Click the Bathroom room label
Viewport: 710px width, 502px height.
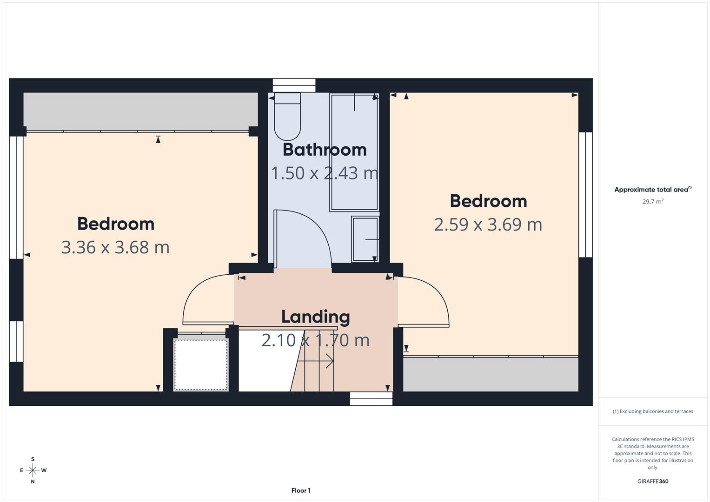point(325,150)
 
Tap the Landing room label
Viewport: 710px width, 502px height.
point(316,317)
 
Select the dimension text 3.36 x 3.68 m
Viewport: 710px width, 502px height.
point(115,247)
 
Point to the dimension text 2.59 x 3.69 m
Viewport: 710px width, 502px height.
point(488,225)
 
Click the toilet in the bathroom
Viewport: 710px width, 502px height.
point(287,116)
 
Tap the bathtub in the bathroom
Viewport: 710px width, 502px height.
point(354,152)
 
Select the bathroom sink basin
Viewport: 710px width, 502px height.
point(365,239)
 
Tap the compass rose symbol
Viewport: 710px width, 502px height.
point(33,470)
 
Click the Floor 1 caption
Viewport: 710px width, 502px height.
point(301,490)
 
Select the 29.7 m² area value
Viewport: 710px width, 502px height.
point(653,202)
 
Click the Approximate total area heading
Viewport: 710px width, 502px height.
point(652,190)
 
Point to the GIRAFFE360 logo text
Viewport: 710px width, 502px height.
point(653,481)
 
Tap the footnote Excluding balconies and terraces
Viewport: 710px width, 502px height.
point(653,411)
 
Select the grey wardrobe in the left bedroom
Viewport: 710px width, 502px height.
point(140,111)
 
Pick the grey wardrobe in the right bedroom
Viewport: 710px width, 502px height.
point(491,375)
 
